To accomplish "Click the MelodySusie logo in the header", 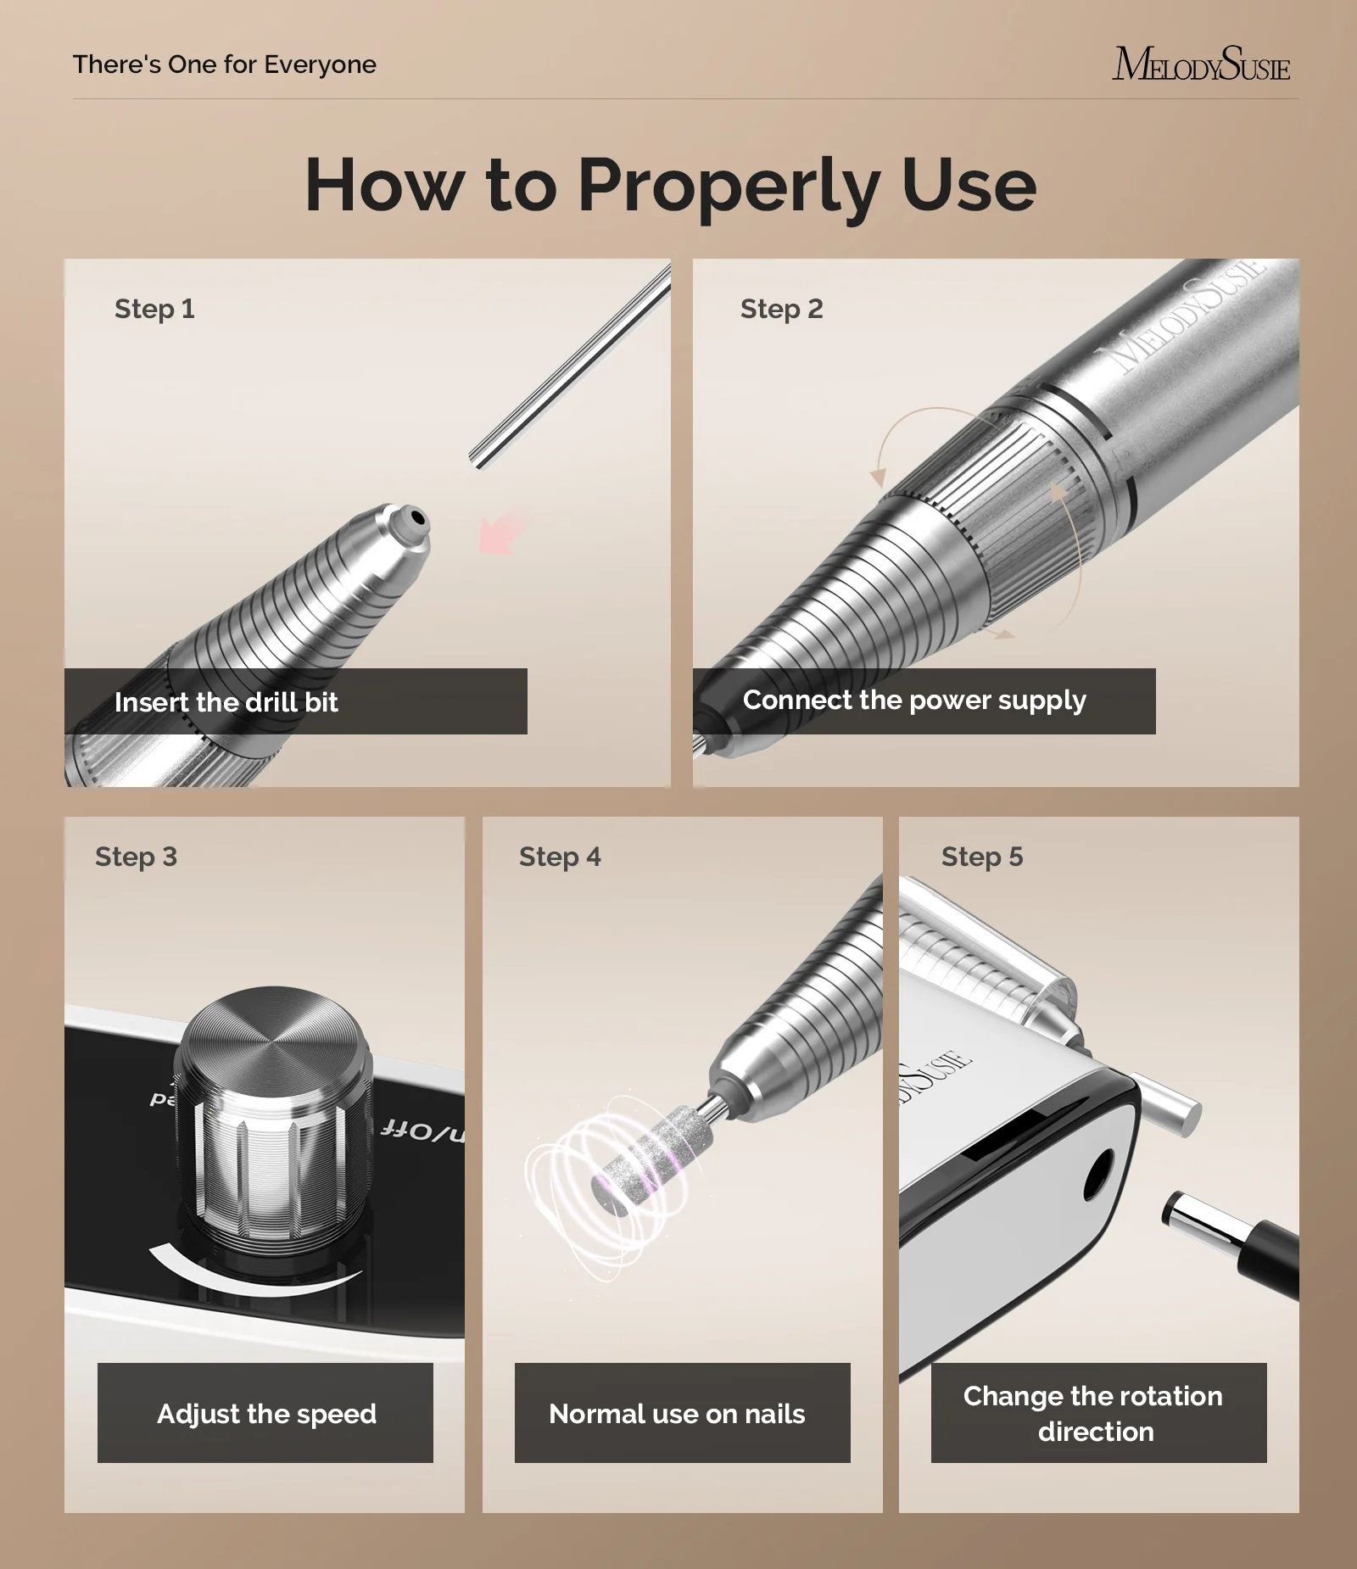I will pyautogui.click(x=1201, y=64).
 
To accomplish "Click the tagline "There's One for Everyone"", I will pyautogui.click(x=224, y=64).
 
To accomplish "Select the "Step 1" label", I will pyautogui.click(x=154, y=309).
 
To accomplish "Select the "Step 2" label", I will pyautogui.click(x=781, y=309).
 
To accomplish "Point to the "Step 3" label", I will pyautogui.click(x=136, y=857).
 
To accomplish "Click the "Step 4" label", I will pyautogui.click(x=560, y=857).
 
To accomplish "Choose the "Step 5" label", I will pyautogui.click(x=982, y=857).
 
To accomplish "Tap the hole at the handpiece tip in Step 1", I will pyautogui.click(x=416, y=516).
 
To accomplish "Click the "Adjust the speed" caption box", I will pyautogui.click(x=265, y=1413).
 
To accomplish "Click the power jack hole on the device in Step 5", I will pyautogui.click(x=1097, y=1175).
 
